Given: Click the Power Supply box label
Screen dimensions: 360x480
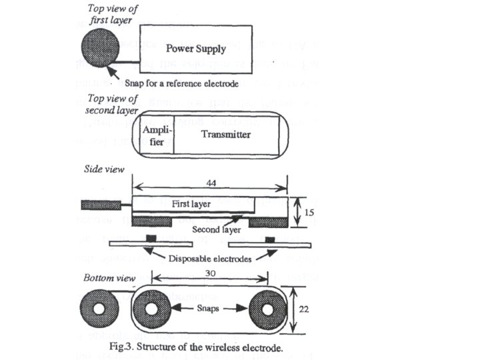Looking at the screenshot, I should (195, 49).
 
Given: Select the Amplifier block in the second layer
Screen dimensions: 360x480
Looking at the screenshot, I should (153, 135).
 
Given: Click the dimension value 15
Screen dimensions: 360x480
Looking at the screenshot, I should (307, 212).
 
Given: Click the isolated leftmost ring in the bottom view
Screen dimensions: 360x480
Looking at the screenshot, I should (98, 310).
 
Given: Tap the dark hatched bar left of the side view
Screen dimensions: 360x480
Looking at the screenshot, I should (100, 203).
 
